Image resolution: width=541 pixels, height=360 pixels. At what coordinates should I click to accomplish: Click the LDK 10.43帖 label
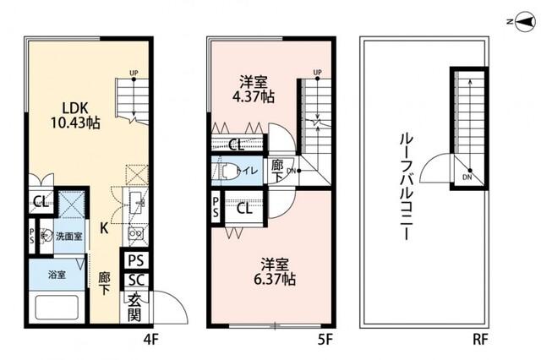(79, 115)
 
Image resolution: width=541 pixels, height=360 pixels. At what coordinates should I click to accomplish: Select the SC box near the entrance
(137, 281)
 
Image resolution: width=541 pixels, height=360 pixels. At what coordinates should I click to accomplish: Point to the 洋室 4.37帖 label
(255, 90)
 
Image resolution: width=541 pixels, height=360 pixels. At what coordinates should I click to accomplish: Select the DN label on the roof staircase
(467, 177)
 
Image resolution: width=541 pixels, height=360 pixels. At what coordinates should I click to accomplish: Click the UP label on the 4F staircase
(133, 73)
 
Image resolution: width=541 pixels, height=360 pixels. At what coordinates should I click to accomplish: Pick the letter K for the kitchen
(104, 227)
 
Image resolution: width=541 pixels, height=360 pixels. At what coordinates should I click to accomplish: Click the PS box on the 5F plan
(217, 207)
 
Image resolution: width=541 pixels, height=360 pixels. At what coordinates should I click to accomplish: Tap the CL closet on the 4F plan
(40, 201)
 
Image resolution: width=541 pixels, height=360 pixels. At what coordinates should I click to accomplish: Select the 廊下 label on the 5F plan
(277, 170)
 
